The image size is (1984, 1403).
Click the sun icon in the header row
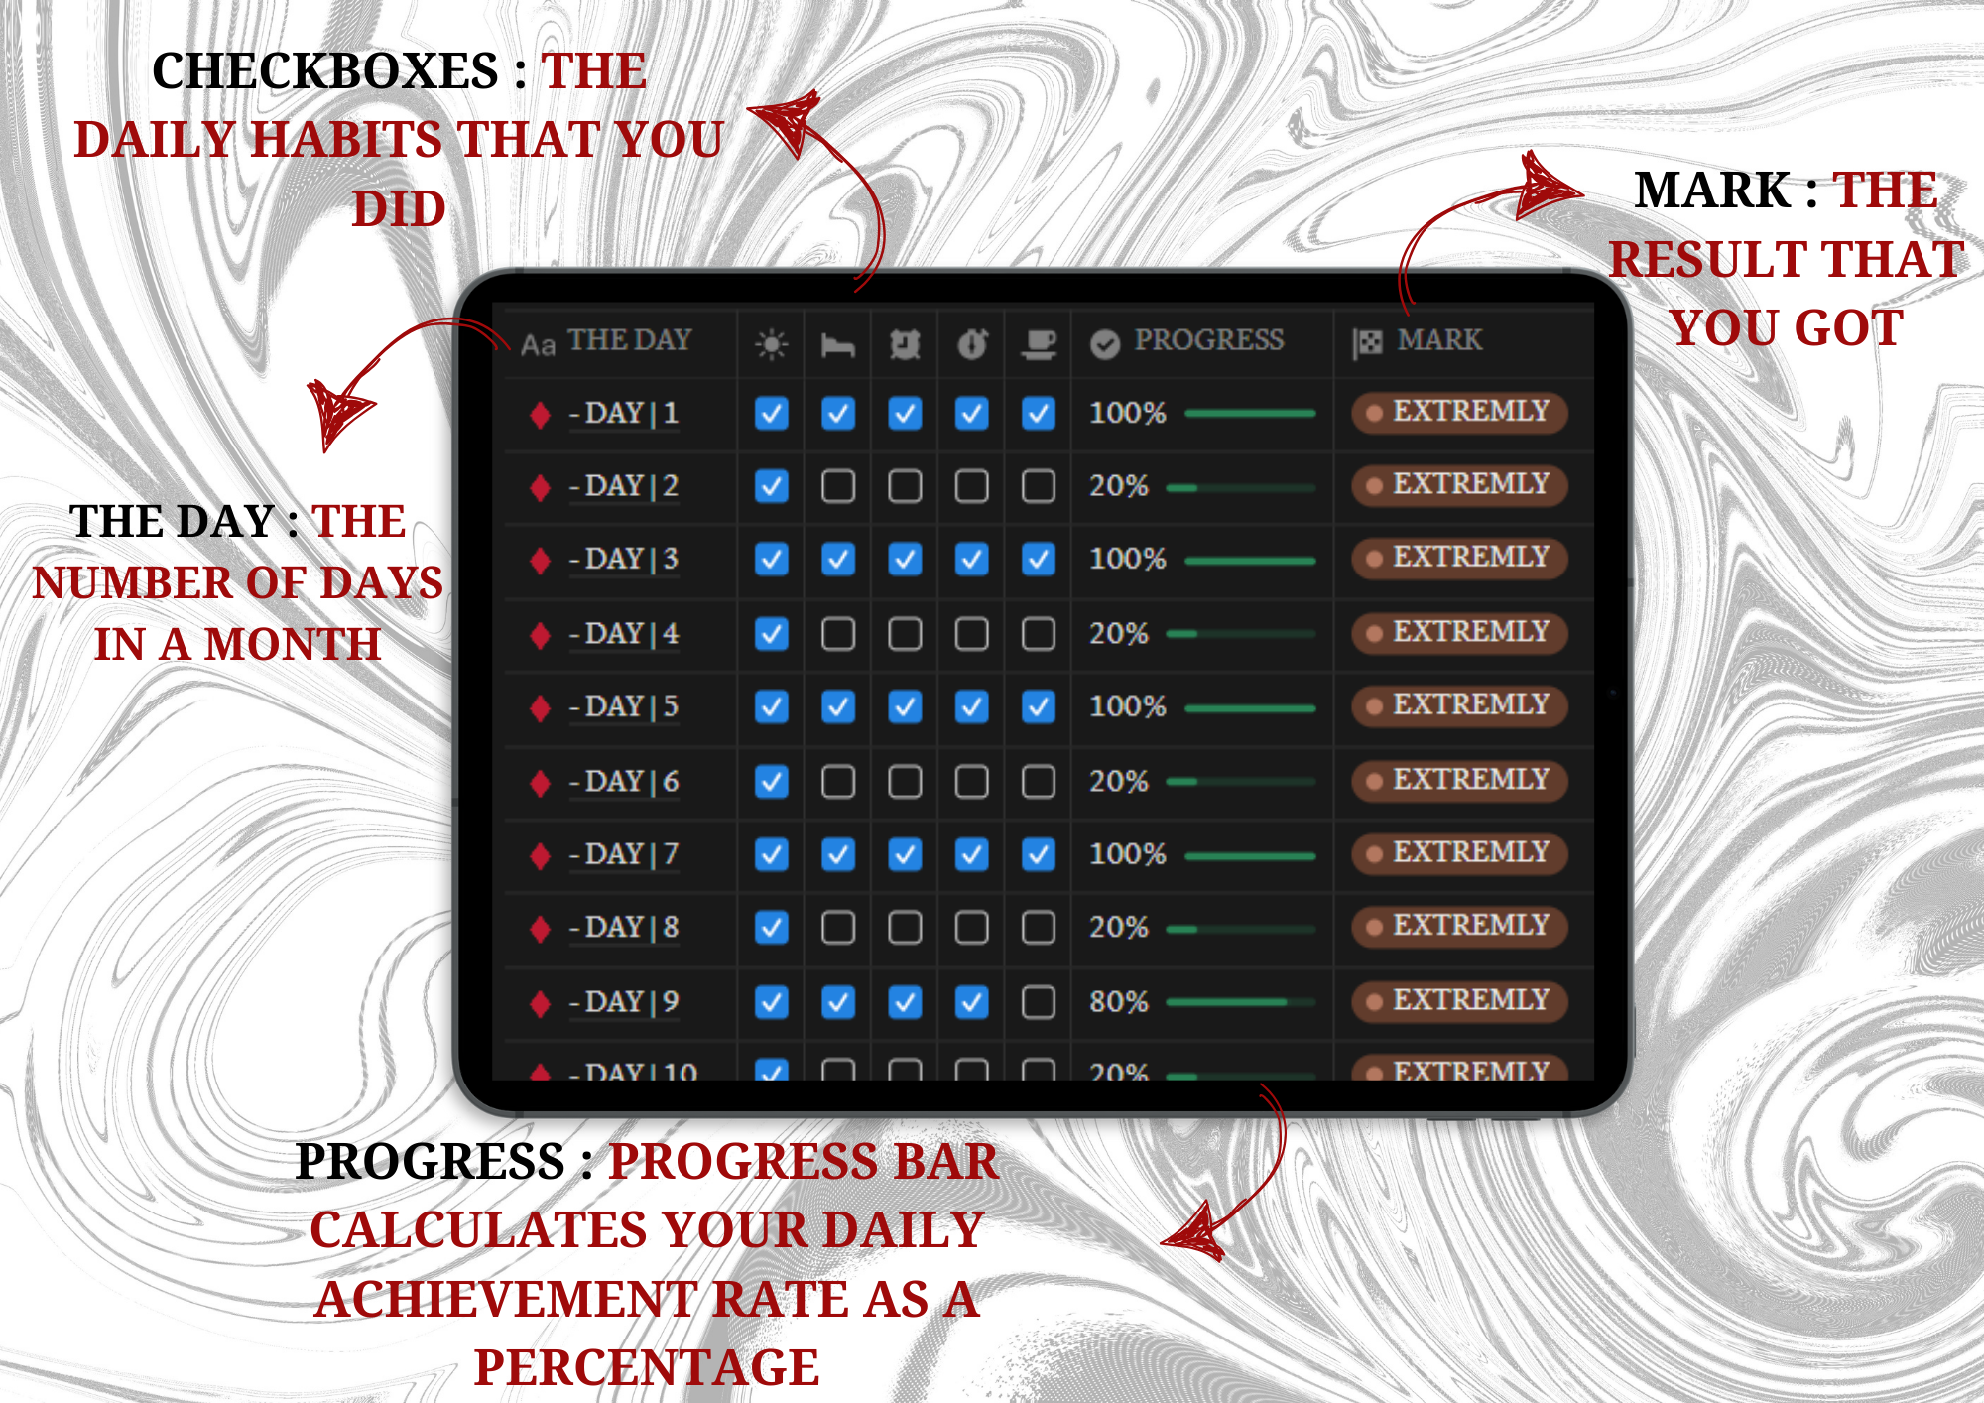coord(771,344)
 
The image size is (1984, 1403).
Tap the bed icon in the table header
coord(838,345)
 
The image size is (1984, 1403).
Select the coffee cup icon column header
coord(1039,344)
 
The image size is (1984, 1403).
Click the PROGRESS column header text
coord(1208,340)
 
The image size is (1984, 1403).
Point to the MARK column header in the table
coord(1439,340)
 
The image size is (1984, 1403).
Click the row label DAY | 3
coord(624,559)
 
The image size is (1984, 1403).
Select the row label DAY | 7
coord(624,854)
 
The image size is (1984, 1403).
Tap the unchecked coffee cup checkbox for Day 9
coord(1039,1002)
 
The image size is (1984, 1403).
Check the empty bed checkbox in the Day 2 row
coord(838,486)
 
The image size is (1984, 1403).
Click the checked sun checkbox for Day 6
coord(772,782)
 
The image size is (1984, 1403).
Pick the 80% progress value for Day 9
coord(1118,1002)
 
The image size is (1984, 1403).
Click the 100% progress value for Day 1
coord(1127,413)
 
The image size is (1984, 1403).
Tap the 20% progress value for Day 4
coord(1118,634)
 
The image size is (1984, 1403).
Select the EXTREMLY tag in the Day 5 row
coord(1459,705)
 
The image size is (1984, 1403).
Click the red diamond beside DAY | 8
coord(540,929)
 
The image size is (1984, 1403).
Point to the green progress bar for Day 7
coord(1250,855)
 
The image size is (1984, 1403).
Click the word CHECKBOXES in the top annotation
coord(325,71)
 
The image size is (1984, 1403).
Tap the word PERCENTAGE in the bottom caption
coord(647,1367)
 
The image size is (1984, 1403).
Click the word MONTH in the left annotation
coord(293,644)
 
